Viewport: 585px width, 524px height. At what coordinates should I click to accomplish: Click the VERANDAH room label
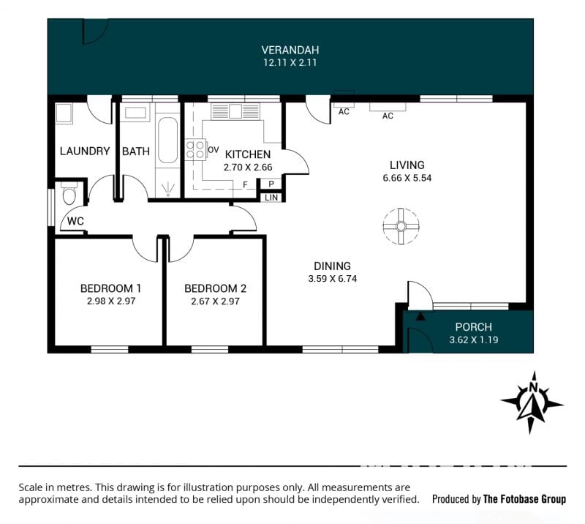[x=290, y=50]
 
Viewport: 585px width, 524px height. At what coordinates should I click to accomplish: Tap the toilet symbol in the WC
[x=69, y=192]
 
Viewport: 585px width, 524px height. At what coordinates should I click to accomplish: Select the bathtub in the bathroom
[x=167, y=140]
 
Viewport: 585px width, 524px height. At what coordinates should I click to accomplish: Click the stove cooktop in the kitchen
[x=195, y=149]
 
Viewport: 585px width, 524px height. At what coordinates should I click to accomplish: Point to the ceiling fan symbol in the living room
[x=401, y=226]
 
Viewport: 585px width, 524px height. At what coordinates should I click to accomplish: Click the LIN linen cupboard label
[x=271, y=198]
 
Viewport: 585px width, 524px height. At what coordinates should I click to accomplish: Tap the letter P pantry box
[x=271, y=184]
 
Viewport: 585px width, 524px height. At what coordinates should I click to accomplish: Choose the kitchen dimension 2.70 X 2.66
[x=248, y=168]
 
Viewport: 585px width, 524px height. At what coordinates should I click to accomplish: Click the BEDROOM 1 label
[x=110, y=288]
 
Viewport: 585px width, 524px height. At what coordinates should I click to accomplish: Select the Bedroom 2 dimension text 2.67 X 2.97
[x=215, y=301]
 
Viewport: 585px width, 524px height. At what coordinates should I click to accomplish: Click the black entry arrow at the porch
[x=420, y=316]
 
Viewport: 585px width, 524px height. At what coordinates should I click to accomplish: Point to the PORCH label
[x=473, y=327]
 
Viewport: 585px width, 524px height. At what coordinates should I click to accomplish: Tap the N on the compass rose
[x=534, y=387]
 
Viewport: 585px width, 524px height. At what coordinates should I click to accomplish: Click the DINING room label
[x=332, y=266]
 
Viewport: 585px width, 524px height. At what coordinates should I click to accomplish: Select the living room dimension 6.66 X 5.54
[x=407, y=178]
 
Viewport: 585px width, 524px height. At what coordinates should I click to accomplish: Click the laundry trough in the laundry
[x=64, y=113]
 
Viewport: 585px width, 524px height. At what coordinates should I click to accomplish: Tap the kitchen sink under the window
[x=235, y=111]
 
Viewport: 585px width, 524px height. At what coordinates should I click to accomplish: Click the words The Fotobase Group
[x=524, y=499]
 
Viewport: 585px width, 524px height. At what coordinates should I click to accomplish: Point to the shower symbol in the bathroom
[x=168, y=189]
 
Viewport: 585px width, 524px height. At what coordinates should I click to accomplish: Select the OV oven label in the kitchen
[x=214, y=150]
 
